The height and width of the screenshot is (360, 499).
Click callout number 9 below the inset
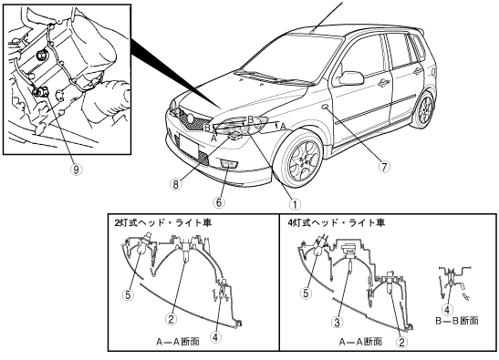point(76,170)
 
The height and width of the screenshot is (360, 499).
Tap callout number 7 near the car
point(384,166)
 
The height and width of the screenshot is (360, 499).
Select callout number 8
point(176,184)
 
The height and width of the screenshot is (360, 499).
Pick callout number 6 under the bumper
point(219,202)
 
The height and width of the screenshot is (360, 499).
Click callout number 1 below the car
point(295,204)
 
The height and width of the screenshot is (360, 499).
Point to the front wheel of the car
point(302,159)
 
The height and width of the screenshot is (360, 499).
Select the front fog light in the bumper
point(229,164)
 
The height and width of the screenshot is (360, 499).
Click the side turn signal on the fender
point(326,108)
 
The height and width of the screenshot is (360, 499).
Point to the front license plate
point(189,145)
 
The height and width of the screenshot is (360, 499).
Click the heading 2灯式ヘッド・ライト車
point(163,222)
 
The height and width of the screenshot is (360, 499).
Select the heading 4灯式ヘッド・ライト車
point(337,222)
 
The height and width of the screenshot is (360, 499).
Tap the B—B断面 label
point(457,320)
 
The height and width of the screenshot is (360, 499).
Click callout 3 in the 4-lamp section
point(337,323)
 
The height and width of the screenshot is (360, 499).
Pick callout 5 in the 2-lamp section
point(128,294)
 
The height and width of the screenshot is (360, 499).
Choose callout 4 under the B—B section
point(447,310)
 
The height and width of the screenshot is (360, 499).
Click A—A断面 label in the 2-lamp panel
point(178,342)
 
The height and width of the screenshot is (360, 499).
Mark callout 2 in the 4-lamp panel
point(401,342)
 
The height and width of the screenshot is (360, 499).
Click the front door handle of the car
point(384,83)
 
